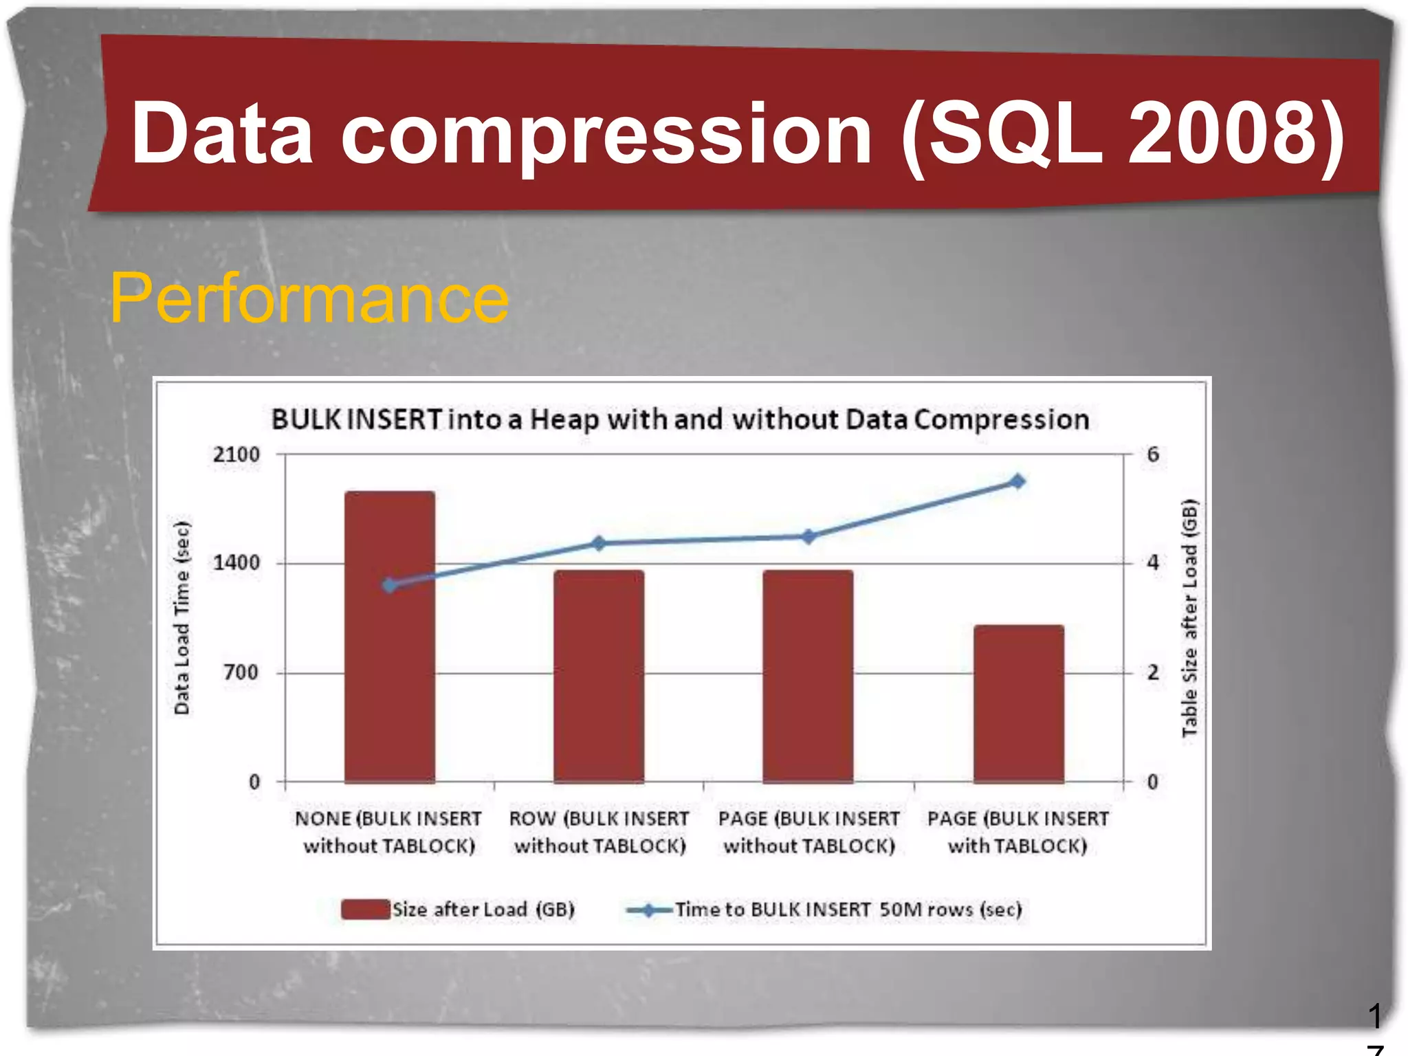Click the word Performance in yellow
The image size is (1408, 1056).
point(309,298)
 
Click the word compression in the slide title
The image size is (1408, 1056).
point(606,134)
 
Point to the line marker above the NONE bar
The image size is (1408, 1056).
point(390,585)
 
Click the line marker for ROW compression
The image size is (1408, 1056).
point(599,543)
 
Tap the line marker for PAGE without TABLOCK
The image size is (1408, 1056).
point(808,536)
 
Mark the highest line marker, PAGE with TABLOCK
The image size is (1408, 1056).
point(1018,481)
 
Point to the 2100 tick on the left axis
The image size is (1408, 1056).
point(236,454)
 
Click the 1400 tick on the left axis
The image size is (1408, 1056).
point(236,563)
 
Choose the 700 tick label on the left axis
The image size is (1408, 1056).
point(241,672)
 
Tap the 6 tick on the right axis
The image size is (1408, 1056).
point(1153,454)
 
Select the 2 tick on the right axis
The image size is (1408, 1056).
point(1153,672)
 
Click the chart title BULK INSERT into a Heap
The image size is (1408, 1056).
point(680,419)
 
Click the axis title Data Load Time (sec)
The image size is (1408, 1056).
point(181,617)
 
